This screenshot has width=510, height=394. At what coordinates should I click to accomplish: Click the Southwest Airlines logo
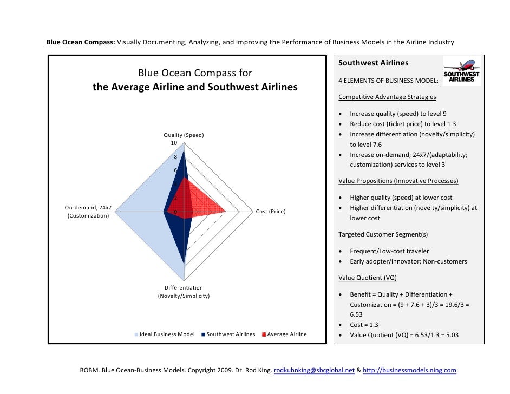(x=461, y=71)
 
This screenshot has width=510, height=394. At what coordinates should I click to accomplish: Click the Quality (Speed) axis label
(x=184, y=135)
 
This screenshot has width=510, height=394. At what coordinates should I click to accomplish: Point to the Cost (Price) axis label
(x=270, y=211)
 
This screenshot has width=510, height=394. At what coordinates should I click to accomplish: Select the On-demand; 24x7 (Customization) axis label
(x=88, y=212)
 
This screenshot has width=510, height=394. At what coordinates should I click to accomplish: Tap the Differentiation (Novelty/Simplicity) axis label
(x=184, y=292)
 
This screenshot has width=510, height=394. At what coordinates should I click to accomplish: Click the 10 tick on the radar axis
(x=174, y=143)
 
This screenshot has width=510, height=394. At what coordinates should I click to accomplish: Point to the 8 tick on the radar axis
(x=175, y=157)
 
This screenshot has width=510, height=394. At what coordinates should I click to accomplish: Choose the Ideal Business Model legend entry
(x=164, y=334)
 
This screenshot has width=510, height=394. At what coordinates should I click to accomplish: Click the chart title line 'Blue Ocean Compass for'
(x=195, y=73)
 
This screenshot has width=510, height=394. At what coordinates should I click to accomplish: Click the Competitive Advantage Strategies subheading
(x=387, y=97)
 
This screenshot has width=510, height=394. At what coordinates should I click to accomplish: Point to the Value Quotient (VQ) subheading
(x=368, y=278)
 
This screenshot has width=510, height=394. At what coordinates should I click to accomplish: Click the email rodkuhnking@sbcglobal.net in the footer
(x=314, y=371)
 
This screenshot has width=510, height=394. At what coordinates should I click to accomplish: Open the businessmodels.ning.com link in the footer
(x=409, y=371)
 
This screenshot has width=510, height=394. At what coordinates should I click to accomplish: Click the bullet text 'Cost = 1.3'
(x=364, y=324)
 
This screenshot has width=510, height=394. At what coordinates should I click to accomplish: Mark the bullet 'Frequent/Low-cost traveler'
(x=389, y=251)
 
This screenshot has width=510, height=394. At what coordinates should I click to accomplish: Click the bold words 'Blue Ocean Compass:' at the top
(x=80, y=42)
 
